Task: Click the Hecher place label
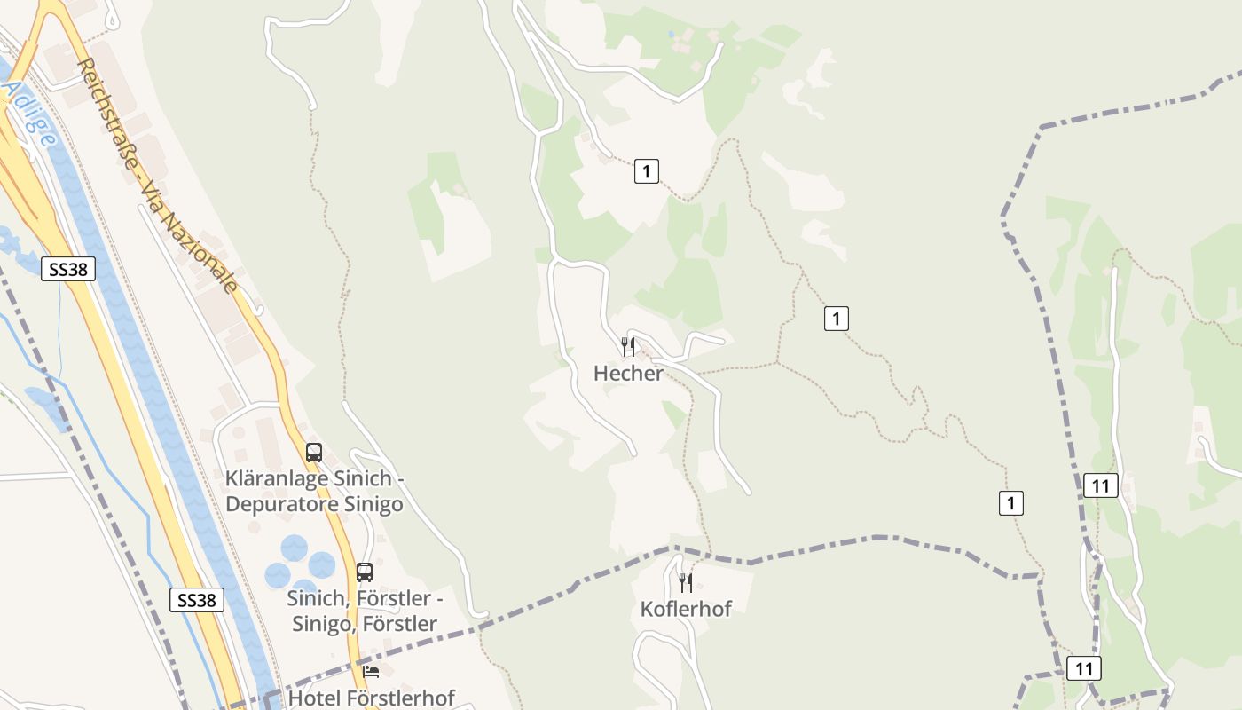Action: [628, 374]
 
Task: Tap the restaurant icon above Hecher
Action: [628, 346]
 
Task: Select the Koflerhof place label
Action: [686, 609]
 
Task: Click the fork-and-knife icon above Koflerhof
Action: [686, 582]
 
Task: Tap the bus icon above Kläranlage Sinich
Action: [313, 452]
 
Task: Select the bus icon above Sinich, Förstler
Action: [364, 572]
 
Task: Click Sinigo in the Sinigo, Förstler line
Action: [322, 624]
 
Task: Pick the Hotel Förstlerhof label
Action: [372, 698]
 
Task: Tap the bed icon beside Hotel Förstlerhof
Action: [371, 672]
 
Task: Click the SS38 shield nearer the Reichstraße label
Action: [68, 269]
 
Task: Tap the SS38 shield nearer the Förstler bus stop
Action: [196, 600]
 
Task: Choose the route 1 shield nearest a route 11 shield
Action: [1010, 503]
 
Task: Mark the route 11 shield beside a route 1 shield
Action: [1101, 485]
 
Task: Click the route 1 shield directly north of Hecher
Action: [647, 171]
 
